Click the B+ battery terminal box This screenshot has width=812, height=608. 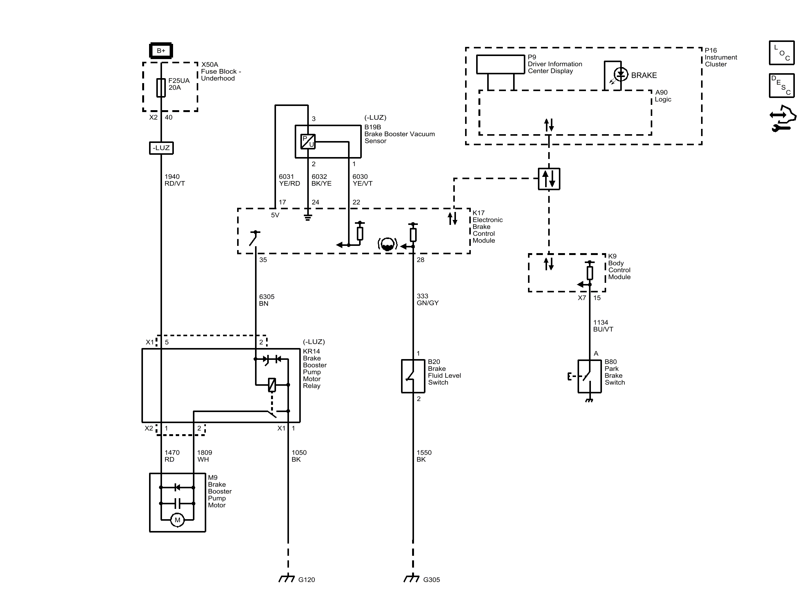pyautogui.click(x=161, y=51)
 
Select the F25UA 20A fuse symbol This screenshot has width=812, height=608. pyautogui.click(x=161, y=88)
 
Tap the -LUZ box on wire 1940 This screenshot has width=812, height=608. pyautogui.click(x=161, y=148)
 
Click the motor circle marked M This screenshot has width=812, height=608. pyautogui.click(x=177, y=520)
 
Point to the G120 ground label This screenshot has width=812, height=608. pyautogui.click(x=307, y=580)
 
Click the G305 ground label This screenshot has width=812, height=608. pyautogui.click(x=432, y=580)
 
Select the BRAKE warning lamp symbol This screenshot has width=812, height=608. pyautogui.click(x=621, y=75)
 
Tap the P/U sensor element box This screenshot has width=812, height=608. pyautogui.click(x=308, y=141)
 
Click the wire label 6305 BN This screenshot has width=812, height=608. pyautogui.click(x=267, y=300)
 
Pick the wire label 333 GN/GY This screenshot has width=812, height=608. pyautogui.click(x=428, y=299)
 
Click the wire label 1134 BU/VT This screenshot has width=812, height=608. pyautogui.click(x=603, y=326)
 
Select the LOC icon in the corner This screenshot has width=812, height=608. pyautogui.click(x=782, y=53)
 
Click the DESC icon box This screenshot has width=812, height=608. pyautogui.click(x=782, y=85)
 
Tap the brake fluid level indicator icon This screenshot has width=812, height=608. pyautogui.click(x=387, y=244)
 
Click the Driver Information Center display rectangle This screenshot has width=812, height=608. pyautogui.click(x=500, y=64)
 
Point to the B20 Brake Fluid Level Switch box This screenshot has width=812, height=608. pyautogui.click(x=413, y=376)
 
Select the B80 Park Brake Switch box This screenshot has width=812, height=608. pyautogui.click(x=589, y=376)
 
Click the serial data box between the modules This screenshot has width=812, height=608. pyautogui.click(x=549, y=179)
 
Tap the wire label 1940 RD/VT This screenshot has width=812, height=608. pyautogui.click(x=175, y=180)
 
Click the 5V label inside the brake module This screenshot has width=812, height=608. pyautogui.click(x=275, y=215)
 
